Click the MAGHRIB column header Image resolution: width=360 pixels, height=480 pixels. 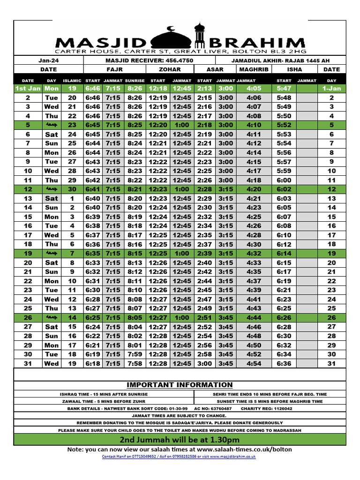[254, 69]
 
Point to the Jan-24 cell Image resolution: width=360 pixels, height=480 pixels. [48, 60]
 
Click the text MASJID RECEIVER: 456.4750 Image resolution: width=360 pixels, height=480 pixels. [150, 60]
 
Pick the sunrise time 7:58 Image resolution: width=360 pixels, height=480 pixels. [135, 363]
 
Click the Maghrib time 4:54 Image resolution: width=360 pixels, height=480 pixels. [254, 363]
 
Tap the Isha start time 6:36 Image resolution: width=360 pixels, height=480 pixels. [284, 363]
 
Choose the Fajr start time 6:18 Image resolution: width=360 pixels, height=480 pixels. [93, 363]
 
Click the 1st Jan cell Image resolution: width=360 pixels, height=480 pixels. [28, 88]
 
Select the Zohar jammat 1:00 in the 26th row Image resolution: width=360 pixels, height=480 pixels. [182, 317]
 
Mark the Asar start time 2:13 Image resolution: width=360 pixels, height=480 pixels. [204, 88]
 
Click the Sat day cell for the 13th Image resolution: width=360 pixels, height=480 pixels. [52, 198]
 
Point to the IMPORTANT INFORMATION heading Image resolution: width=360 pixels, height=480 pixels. [180, 385]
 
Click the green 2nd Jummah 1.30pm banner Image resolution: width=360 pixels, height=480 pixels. [180, 440]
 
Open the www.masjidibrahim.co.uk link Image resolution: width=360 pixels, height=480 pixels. [233, 457]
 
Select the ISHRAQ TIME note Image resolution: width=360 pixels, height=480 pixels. [104, 394]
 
